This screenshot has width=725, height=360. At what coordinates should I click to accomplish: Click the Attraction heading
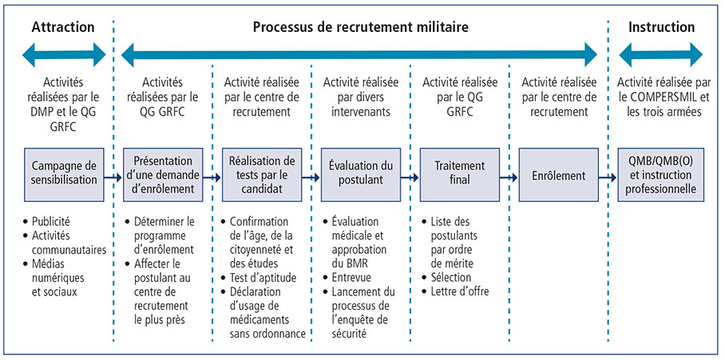(63, 27)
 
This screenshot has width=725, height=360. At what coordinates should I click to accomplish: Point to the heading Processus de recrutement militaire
(360, 27)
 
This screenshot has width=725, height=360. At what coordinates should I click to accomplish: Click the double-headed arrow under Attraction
(64, 54)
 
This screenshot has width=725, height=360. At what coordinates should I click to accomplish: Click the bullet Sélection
(454, 277)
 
